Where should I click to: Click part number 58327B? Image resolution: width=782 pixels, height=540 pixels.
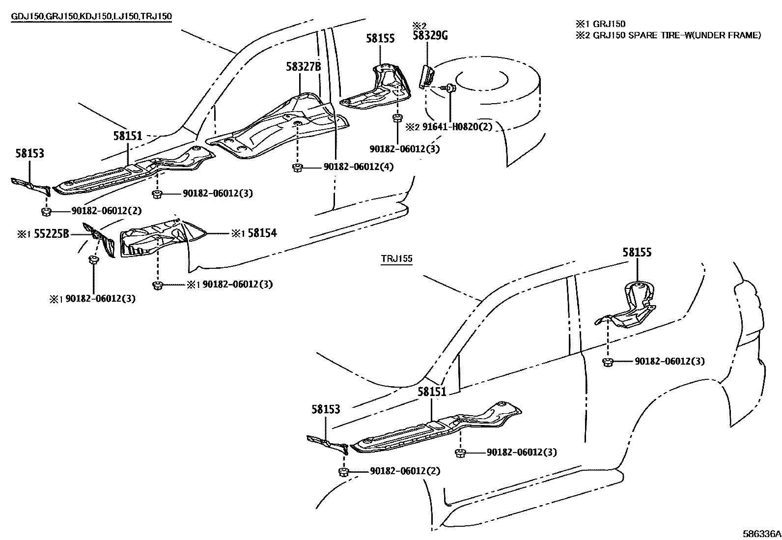pos(303,66)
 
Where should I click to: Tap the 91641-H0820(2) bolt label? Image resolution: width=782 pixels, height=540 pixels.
pos(457,127)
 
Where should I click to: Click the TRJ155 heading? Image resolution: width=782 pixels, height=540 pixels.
pos(396,259)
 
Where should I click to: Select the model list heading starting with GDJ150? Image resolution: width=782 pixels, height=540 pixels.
pos(91,16)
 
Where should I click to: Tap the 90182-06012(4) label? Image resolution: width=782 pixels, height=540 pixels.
pos(358,167)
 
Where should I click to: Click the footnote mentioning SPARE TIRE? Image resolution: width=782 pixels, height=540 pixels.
pos(669,35)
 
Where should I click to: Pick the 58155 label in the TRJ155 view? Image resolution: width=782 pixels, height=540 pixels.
pos(637,253)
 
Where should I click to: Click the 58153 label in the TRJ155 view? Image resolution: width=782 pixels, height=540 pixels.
pos(325,409)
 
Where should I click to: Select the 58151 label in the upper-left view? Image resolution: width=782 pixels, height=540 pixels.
pos(128,136)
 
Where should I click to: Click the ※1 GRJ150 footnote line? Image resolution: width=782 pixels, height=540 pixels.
pos(601,24)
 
